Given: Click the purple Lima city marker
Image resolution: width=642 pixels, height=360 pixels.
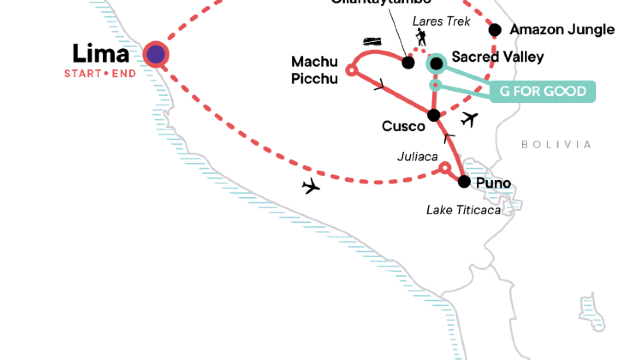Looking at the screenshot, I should [x=155, y=55].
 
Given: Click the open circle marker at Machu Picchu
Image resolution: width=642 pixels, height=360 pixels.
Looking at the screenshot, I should [x=351, y=70].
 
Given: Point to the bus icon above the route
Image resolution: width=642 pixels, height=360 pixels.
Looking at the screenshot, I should [x=372, y=43].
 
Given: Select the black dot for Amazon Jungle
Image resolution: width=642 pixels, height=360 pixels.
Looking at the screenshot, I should [x=494, y=29].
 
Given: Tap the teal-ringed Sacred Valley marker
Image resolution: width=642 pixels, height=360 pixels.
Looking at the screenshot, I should [x=436, y=64].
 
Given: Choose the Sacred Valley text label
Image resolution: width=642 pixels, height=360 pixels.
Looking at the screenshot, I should [x=497, y=57].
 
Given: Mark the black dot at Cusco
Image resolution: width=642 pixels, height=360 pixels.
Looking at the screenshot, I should [x=433, y=115].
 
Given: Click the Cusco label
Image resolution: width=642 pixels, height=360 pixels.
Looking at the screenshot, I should [x=402, y=126].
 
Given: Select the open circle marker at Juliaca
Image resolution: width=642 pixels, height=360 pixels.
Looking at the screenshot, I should [x=445, y=169].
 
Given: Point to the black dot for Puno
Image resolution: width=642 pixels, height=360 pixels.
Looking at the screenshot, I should [x=464, y=181].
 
